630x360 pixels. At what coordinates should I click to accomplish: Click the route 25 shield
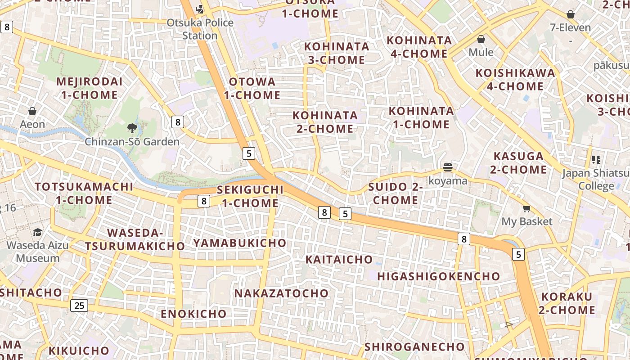click(79, 306)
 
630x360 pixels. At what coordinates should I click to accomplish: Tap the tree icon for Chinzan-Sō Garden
click(132, 129)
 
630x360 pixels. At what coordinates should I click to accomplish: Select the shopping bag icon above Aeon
click(32, 111)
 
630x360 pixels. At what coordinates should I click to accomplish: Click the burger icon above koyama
click(447, 168)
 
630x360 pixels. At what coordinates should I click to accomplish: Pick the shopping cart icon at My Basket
click(526, 208)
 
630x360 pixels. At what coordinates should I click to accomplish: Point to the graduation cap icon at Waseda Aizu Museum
click(38, 232)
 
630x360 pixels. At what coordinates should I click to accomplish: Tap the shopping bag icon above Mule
click(481, 39)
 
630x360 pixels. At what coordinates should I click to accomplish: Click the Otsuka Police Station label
click(200, 29)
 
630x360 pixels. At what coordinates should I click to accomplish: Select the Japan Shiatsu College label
click(595, 180)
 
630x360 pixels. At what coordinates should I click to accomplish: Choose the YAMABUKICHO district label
click(240, 243)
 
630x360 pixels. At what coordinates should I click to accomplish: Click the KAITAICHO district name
click(339, 259)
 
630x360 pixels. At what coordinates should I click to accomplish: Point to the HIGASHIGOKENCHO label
click(439, 276)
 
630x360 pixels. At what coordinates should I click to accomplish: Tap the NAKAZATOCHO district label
click(282, 293)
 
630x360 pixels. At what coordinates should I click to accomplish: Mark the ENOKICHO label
click(194, 314)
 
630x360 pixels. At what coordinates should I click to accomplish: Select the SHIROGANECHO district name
click(414, 346)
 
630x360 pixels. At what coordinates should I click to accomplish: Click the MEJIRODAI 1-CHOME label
click(90, 88)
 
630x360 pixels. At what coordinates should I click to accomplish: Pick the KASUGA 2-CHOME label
click(520, 163)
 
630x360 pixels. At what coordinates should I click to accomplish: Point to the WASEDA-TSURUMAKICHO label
click(135, 239)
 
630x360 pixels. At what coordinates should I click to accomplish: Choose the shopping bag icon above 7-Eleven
click(571, 14)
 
